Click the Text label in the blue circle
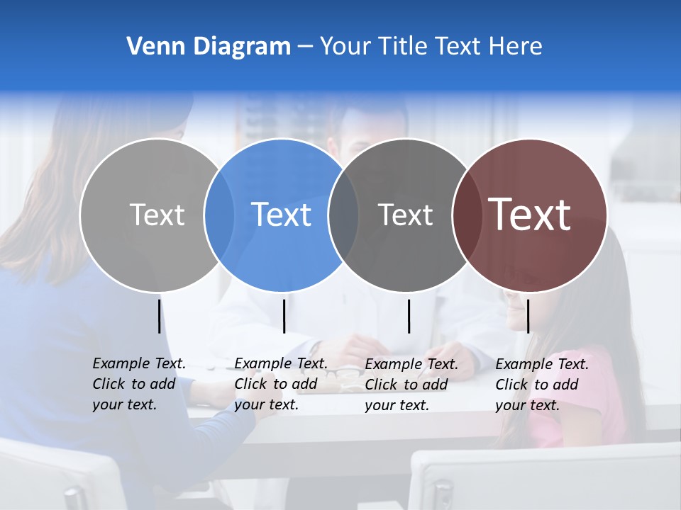[281, 215]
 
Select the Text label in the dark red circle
[529, 215]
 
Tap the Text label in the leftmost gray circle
[157, 215]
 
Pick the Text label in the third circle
[405, 215]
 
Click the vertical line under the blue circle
[284, 316]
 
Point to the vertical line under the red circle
[528, 316]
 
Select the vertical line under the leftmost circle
[159, 316]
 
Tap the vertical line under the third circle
[409, 316]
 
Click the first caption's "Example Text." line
[139, 363]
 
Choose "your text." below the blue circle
[267, 404]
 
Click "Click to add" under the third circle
[406, 385]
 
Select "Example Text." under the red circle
[542, 364]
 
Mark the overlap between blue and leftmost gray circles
[219, 215]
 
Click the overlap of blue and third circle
[343, 215]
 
